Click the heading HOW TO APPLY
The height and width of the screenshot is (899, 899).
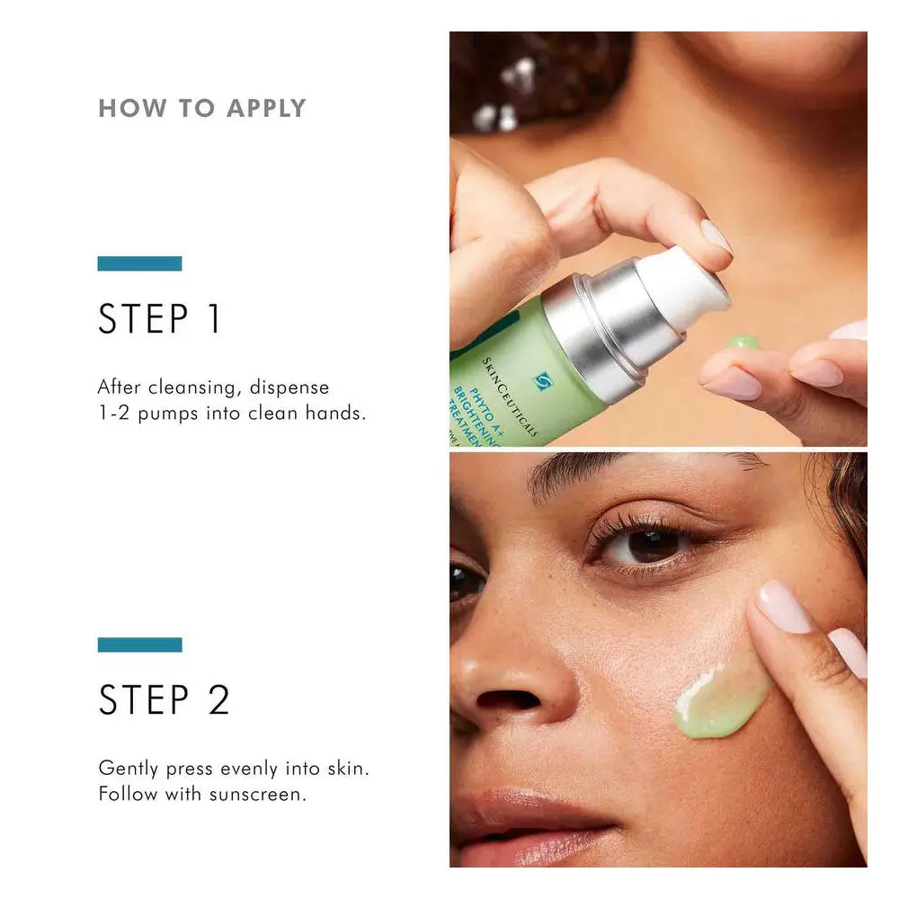[x=201, y=109]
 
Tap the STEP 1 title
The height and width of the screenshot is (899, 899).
[x=159, y=320]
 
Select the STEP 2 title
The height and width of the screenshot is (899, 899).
[x=164, y=700]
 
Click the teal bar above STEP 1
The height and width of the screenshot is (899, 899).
[x=139, y=263]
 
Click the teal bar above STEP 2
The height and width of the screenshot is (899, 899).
[x=139, y=645]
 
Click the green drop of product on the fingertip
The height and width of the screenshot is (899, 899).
[x=743, y=342]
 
